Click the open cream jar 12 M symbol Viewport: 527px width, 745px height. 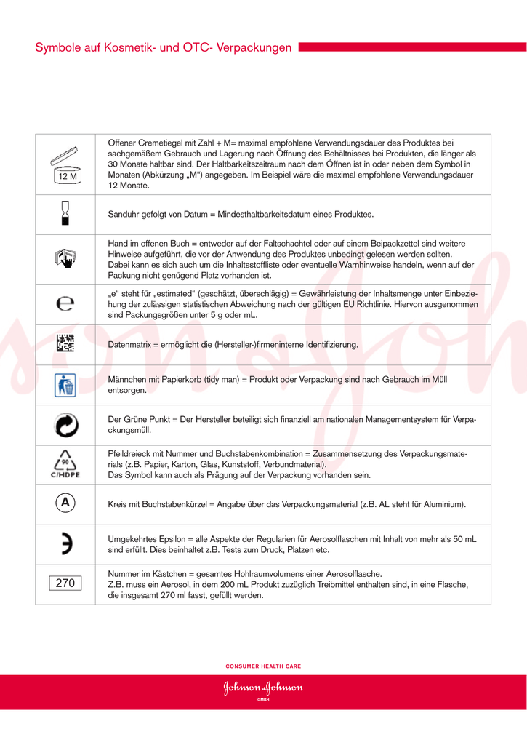coord(65,164)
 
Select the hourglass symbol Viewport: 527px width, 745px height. coord(65,214)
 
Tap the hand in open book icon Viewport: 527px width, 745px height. coord(65,258)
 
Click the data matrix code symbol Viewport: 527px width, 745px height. coord(65,344)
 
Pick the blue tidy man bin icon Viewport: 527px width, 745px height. coord(65,385)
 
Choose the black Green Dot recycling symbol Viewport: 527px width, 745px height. coord(65,425)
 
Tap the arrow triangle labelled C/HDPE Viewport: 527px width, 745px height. coord(65,465)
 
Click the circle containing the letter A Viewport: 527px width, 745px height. coord(65,503)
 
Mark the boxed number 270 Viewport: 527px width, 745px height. coord(65,583)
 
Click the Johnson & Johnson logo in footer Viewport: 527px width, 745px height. coord(263,688)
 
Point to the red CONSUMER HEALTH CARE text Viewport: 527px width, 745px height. coord(263,666)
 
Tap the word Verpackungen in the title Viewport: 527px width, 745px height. coord(254,48)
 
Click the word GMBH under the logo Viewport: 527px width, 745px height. coord(263,699)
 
